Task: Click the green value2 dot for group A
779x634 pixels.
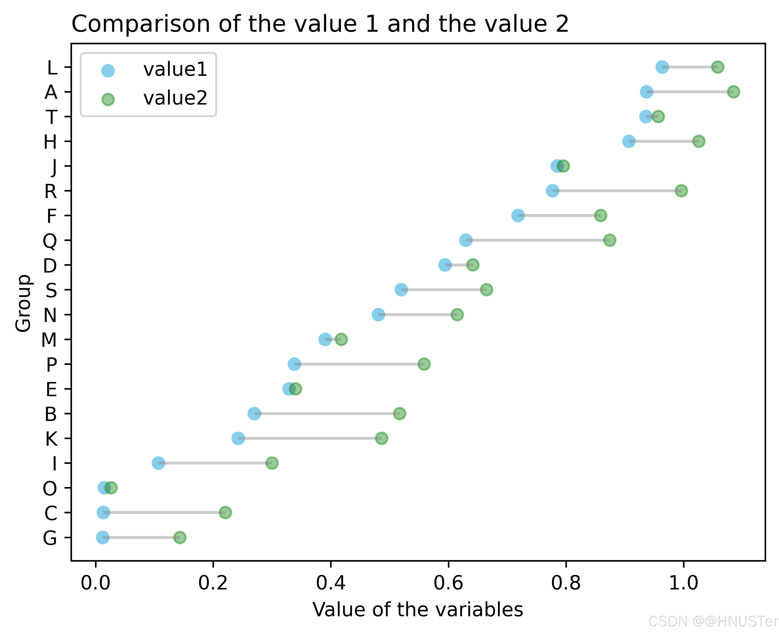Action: [733, 92]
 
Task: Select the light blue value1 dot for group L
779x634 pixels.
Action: [662, 67]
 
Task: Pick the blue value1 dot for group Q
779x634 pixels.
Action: [466, 240]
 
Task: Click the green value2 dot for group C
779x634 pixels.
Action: [225, 512]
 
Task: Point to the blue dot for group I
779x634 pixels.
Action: [158, 463]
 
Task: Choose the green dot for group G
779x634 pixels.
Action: [180, 537]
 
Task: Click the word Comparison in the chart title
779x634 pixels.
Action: [141, 24]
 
